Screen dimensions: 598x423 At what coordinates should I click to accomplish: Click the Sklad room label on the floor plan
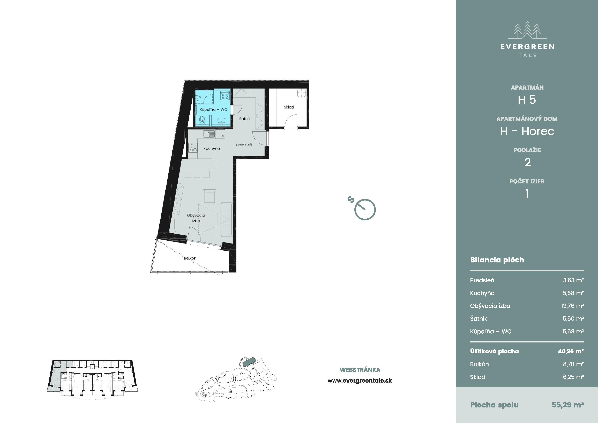pos(289,107)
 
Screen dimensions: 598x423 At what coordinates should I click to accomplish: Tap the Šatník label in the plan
pos(245,119)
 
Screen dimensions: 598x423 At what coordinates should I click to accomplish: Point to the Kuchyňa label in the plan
pos(212,149)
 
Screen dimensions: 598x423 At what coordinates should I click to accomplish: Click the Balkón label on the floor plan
pos(190,258)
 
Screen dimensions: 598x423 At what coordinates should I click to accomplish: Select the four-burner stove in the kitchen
pos(193,148)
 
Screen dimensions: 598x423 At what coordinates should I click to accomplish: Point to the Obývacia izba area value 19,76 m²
pos(572,306)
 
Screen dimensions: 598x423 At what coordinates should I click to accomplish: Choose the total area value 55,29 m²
pos(568,405)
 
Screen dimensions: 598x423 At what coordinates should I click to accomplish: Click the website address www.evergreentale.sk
pos(360,381)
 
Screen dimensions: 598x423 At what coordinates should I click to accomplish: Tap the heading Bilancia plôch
pos(497,260)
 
